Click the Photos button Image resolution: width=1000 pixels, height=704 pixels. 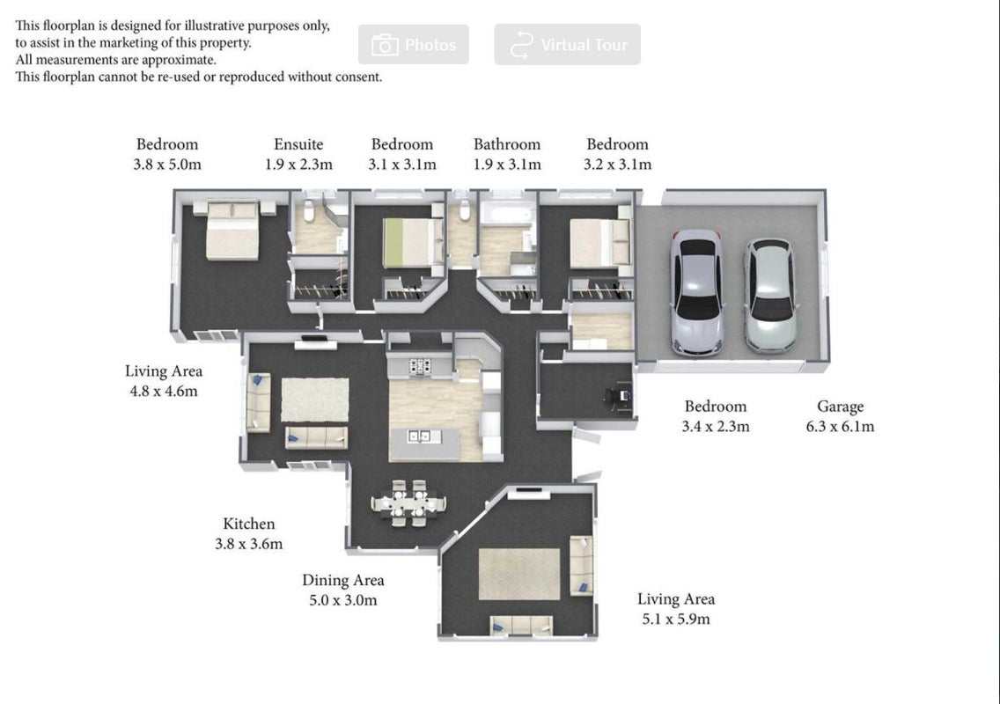click(x=413, y=45)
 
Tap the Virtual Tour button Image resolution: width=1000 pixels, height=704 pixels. click(x=567, y=45)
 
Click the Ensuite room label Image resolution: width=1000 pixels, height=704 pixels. click(x=298, y=144)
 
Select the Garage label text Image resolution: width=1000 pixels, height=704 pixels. click(x=840, y=407)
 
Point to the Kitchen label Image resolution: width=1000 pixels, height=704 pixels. click(x=249, y=524)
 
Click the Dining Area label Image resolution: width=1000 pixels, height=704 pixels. click(x=343, y=580)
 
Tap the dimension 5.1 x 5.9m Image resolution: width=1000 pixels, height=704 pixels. click(x=676, y=619)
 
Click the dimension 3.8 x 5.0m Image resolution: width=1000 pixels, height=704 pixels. click(x=167, y=165)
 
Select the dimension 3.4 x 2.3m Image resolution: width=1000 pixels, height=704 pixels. click(x=716, y=427)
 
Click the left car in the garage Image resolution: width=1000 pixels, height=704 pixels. click(x=697, y=292)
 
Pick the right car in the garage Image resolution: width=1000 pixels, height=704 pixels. click(x=769, y=296)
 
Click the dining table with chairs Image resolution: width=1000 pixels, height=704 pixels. click(x=408, y=503)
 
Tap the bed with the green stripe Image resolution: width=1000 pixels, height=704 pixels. click(x=413, y=242)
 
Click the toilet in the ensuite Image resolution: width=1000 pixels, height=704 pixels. click(x=309, y=210)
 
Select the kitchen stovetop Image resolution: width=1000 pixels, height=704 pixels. click(x=420, y=366)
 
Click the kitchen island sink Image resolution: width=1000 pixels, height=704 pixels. click(x=419, y=436)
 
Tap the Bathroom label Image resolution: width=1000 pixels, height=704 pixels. click(x=507, y=144)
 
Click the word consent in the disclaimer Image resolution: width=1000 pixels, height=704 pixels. click(x=359, y=77)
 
